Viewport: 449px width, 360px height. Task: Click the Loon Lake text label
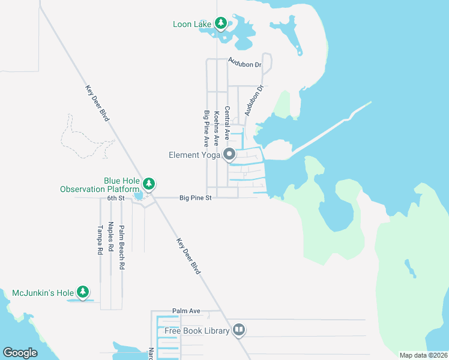click(x=191, y=24)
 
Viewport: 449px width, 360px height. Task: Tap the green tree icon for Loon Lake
click(x=221, y=23)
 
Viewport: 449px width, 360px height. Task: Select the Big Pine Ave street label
click(x=206, y=128)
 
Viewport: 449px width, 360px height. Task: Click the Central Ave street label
click(x=227, y=123)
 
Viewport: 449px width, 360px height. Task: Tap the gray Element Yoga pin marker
click(x=229, y=155)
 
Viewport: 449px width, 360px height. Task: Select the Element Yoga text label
click(x=192, y=155)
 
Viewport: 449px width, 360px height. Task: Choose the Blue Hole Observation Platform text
click(x=100, y=185)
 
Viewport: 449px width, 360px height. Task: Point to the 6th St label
click(x=116, y=197)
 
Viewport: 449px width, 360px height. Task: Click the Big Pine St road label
click(x=196, y=197)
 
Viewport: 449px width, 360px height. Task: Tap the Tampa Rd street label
click(x=100, y=241)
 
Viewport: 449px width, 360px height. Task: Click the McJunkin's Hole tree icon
click(x=82, y=293)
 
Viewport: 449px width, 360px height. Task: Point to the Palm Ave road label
click(x=186, y=311)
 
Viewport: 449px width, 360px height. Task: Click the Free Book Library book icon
click(x=239, y=331)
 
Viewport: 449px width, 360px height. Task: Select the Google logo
click(x=20, y=352)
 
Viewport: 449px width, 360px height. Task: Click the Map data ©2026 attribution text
click(x=423, y=355)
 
